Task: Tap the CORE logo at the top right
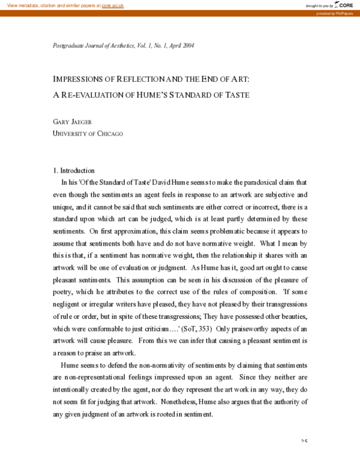pyautogui.click(x=344, y=5)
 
